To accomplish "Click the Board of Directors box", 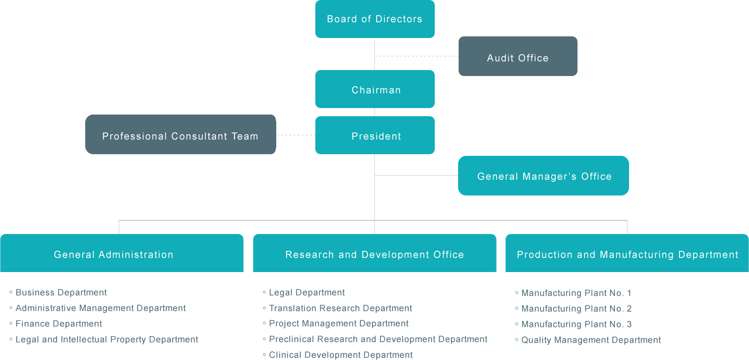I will [x=374, y=19].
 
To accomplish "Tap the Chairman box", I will [x=375, y=90].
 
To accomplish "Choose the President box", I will [x=375, y=136].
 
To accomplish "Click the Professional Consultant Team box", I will [x=180, y=136].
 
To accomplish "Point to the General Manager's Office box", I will [x=544, y=176].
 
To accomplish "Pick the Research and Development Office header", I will [x=374, y=254].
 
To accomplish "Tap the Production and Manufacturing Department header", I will [x=627, y=254].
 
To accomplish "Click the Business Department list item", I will [x=61, y=293].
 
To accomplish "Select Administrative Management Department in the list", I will [x=100, y=308].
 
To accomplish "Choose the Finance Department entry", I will [x=59, y=324].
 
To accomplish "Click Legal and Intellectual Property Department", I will [x=107, y=340].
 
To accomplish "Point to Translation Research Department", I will [x=340, y=308].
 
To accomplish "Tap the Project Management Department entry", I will [x=339, y=324].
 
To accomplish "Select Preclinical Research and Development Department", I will [x=378, y=339].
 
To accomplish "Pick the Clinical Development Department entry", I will [x=341, y=355].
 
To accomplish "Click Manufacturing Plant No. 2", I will [x=576, y=309].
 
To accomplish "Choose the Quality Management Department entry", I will [x=591, y=340].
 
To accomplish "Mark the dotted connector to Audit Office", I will [x=416, y=56].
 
